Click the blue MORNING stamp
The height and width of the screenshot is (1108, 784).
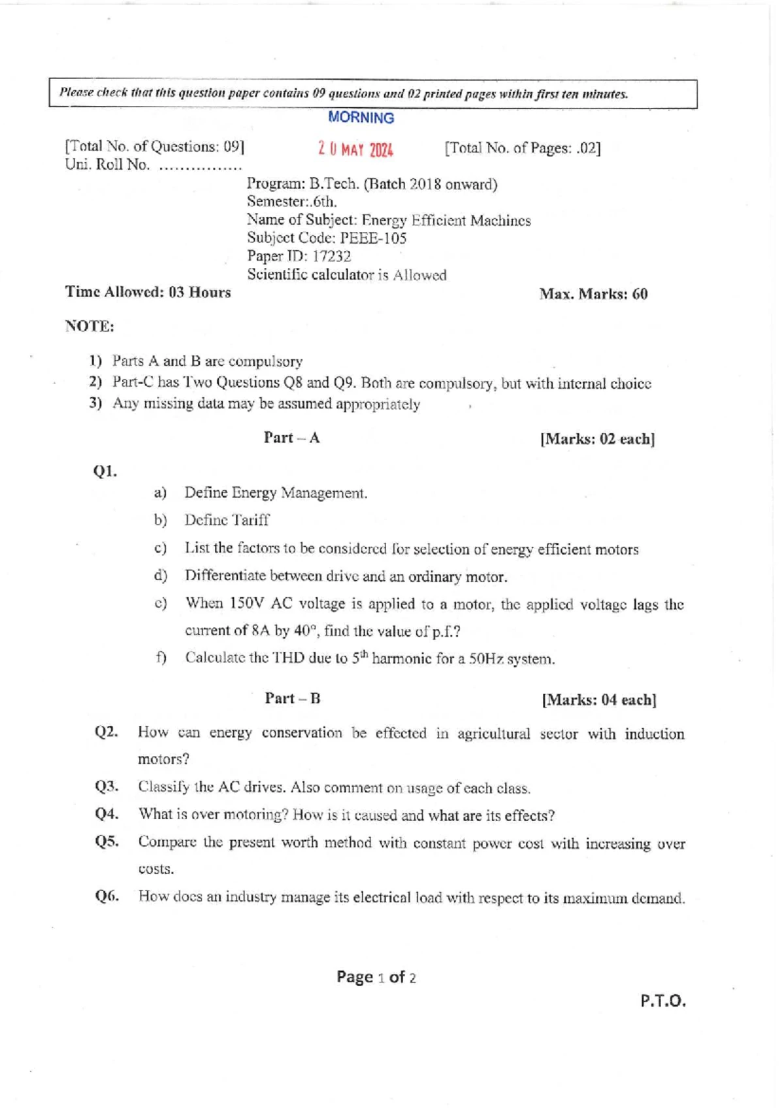point(361,118)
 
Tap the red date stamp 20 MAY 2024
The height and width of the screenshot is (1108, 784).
point(355,150)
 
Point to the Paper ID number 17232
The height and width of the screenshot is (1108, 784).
point(331,256)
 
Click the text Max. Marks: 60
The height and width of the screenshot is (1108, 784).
point(593,294)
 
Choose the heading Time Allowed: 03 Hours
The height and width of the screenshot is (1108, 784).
point(148,292)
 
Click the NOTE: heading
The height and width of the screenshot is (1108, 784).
point(90,326)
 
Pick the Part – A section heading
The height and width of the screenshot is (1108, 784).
point(291,438)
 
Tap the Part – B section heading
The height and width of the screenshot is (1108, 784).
point(292,698)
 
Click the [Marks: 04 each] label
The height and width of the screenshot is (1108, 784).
point(598,700)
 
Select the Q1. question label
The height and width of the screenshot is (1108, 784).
point(105,471)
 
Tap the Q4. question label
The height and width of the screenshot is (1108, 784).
point(106,814)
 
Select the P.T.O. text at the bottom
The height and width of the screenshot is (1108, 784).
point(662,1001)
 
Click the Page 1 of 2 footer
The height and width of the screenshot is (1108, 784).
point(376,977)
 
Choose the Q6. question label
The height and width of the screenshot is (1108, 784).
point(106,896)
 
